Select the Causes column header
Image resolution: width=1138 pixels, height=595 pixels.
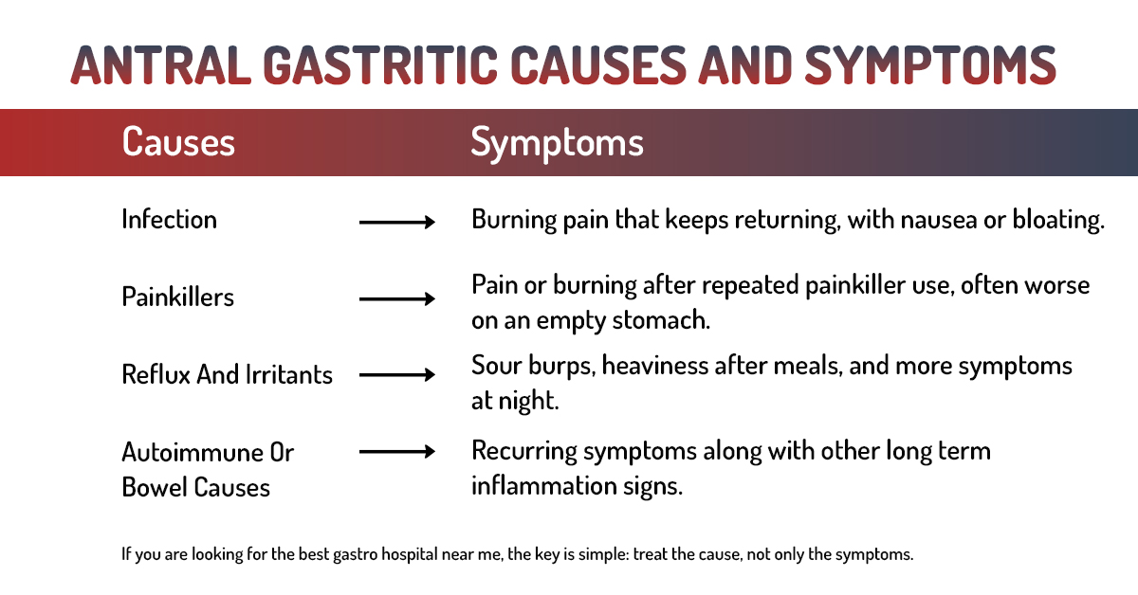tap(178, 143)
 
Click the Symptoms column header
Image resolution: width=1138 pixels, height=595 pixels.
tap(557, 143)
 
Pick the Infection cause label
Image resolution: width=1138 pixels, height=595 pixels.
tap(169, 220)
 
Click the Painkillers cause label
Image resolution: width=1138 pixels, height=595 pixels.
tap(177, 297)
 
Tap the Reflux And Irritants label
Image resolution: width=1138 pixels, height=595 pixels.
tap(227, 374)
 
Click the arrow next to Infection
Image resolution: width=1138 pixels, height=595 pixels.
tap(396, 223)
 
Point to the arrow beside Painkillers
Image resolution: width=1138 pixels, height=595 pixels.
tap(396, 299)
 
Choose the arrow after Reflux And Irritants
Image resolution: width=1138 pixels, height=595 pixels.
tap(396, 375)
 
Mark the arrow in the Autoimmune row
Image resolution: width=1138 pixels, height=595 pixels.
tap(396, 452)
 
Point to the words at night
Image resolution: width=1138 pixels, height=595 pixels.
tap(515, 401)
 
